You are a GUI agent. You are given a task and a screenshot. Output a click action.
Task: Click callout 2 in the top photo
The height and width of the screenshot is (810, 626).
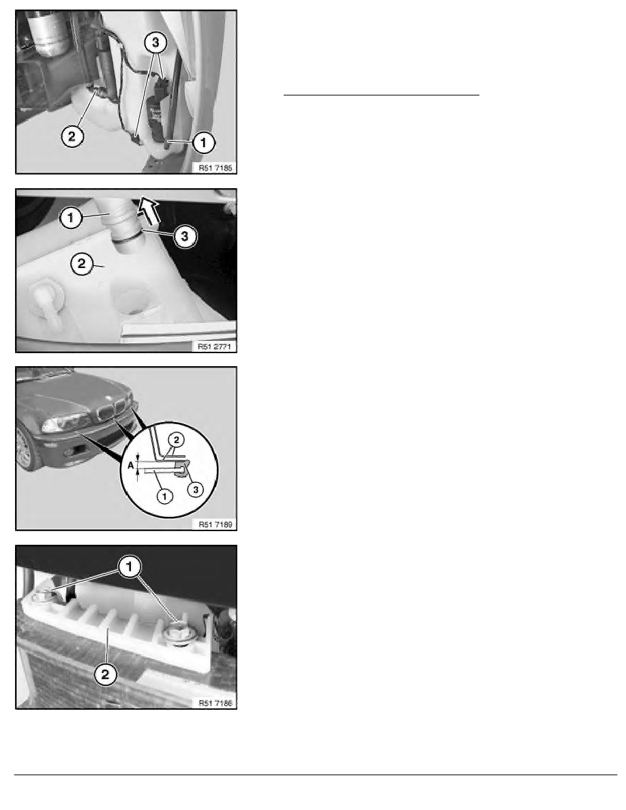point(72,136)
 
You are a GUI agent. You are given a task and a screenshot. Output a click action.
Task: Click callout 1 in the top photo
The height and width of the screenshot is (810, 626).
point(204,142)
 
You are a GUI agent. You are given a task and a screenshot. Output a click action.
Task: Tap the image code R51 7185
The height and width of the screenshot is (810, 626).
point(217,166)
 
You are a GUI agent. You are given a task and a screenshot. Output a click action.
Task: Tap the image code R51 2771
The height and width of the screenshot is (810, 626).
point(217,345)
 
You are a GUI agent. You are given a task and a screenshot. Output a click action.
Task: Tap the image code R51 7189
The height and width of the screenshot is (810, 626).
point(217,523)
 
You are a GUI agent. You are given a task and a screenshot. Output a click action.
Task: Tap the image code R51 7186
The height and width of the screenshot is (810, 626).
point(217,701)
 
